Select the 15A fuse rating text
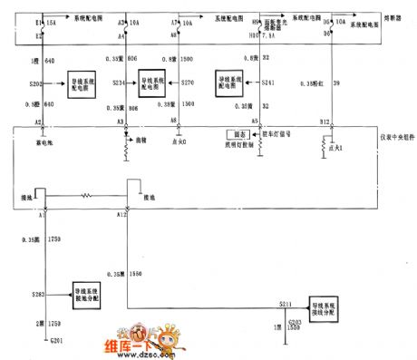(x=53, y=18)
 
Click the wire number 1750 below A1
(x=54, y=241)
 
